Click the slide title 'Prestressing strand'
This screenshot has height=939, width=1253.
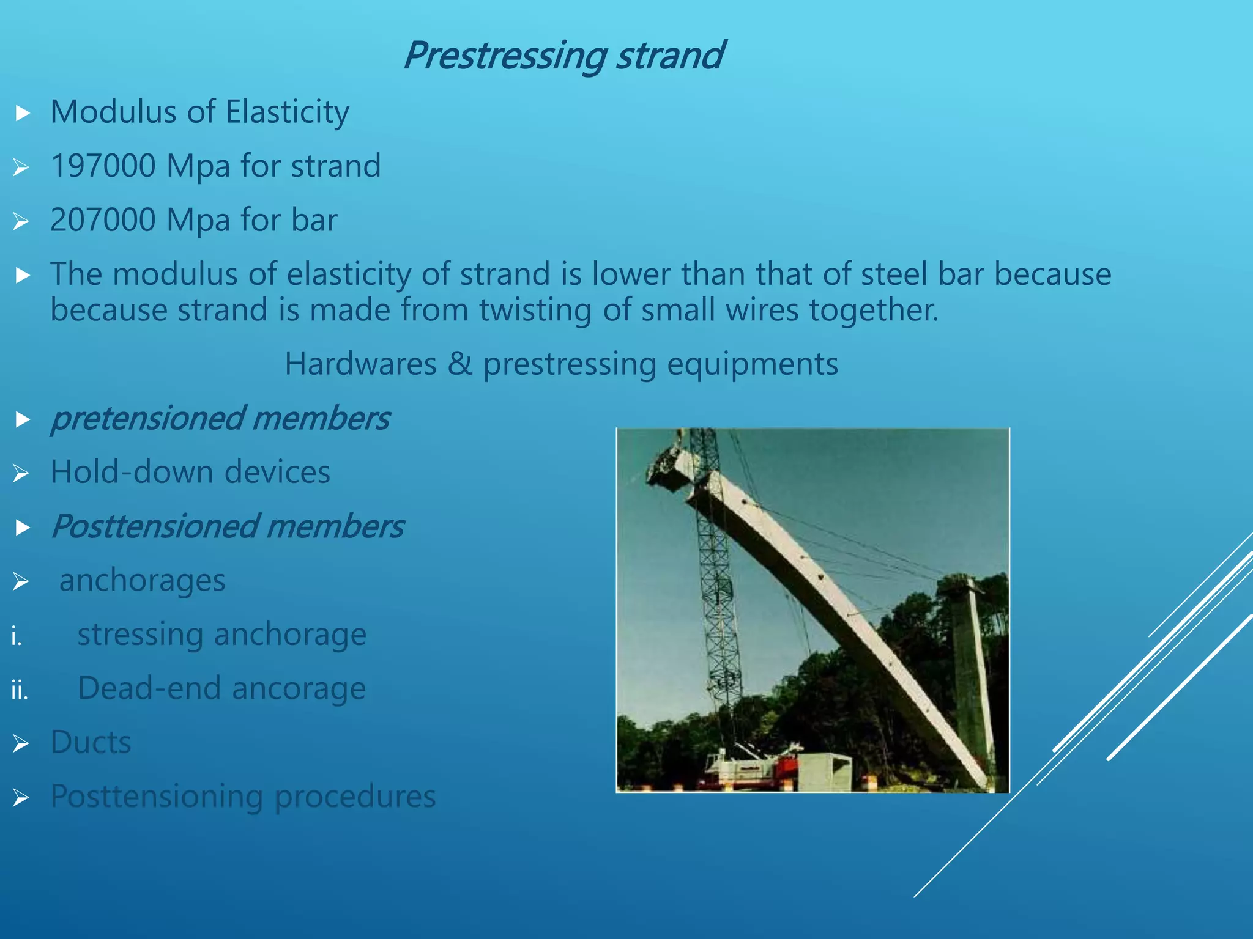[x=563, y=56]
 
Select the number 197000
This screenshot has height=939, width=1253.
[x=103, y=166]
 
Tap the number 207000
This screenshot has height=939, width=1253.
[x=103, y=220]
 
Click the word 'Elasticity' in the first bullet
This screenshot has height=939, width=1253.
[x=287, y=112]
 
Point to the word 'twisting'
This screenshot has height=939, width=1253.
[x=535, y=310]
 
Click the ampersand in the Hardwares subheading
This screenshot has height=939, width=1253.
[x=459, y=364]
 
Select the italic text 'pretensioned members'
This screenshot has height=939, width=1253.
[x=220, y=419]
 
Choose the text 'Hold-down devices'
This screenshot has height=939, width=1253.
[x=190, y=473]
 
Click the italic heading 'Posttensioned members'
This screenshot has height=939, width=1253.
[x=227, y=526]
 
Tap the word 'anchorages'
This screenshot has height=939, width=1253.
[x=142, y=580]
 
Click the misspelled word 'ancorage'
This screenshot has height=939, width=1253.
[x=299, y=688]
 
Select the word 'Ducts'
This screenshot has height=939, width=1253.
[x=91, y=742]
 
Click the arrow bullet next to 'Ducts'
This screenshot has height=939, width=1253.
[x=21, y=743]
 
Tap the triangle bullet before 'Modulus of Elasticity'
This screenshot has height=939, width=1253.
[x=23, y=113]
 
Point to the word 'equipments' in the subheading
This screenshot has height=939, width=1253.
[x=752, y=364]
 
